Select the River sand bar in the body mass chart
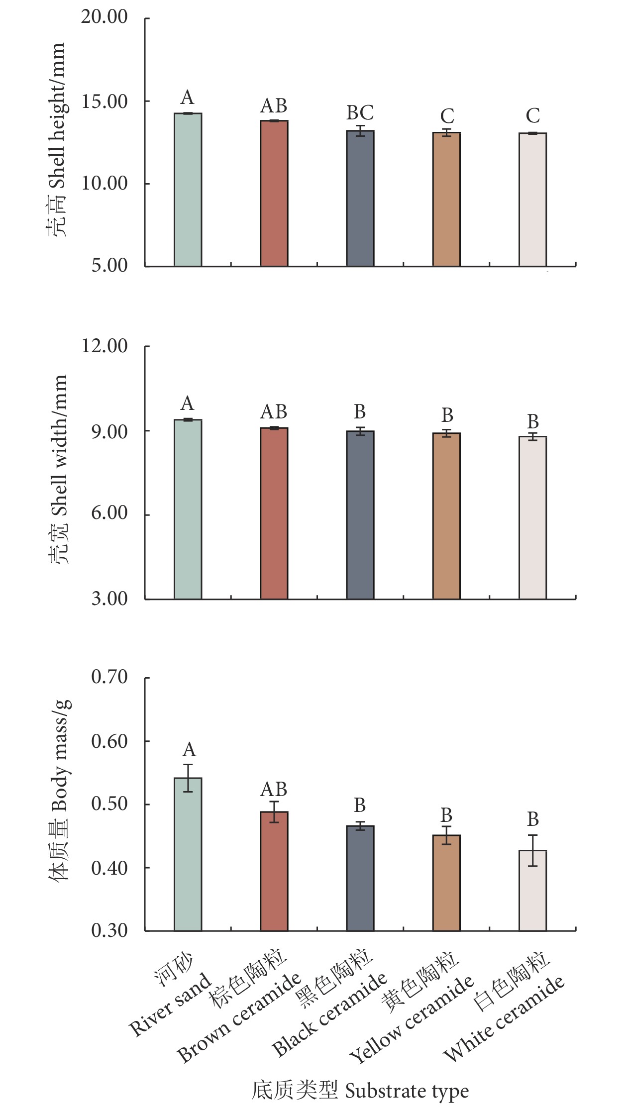188,854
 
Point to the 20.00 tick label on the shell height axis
104,17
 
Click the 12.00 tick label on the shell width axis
104,346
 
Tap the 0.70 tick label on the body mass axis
109,677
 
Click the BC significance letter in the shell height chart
360,113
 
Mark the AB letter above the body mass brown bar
274,789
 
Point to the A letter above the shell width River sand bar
188,403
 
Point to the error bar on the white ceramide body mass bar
533,850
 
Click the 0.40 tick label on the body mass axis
109,867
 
